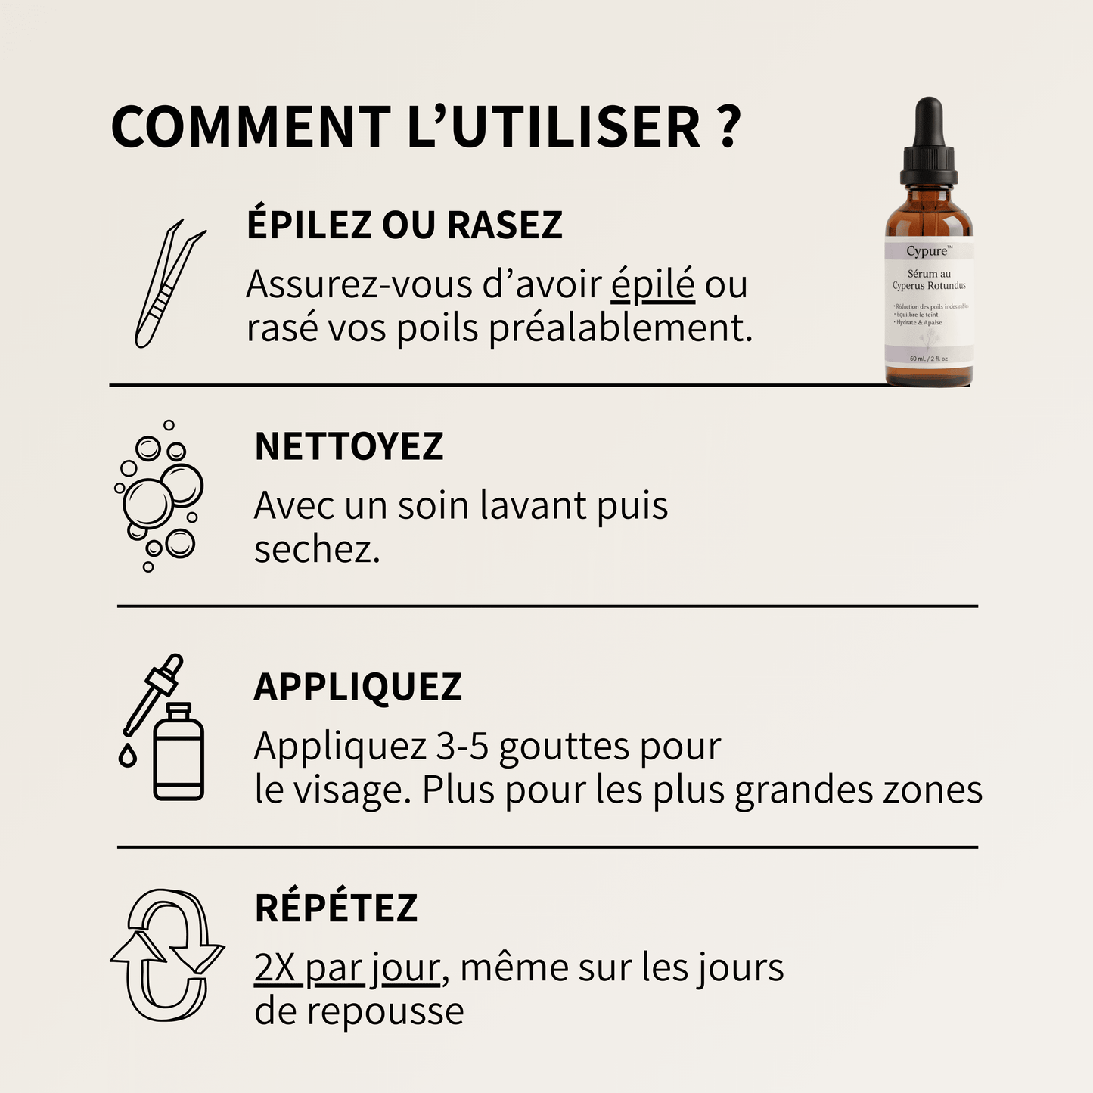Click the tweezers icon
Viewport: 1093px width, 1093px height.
point(168,284)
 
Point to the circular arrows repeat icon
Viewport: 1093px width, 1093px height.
point(167,955)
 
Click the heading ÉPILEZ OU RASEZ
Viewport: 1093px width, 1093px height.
point(405,225)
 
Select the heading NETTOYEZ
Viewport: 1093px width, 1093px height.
point(349,446)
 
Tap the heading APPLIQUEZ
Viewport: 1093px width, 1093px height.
point(358,687)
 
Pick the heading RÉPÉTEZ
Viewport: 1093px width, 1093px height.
point(336,908)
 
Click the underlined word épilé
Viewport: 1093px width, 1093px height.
point(653,285)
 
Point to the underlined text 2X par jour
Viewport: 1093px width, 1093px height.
point(346,968)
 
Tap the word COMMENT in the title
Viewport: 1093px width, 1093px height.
point(250,126)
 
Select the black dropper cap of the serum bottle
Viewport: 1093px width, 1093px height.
point(928,144)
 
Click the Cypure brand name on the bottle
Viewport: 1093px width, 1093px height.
point(927,251)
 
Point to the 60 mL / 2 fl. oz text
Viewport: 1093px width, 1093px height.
point(928,359)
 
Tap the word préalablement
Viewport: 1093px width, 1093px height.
point(620,329)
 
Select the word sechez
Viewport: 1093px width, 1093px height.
point(316,550)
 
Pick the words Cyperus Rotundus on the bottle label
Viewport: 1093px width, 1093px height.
point(929,286)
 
